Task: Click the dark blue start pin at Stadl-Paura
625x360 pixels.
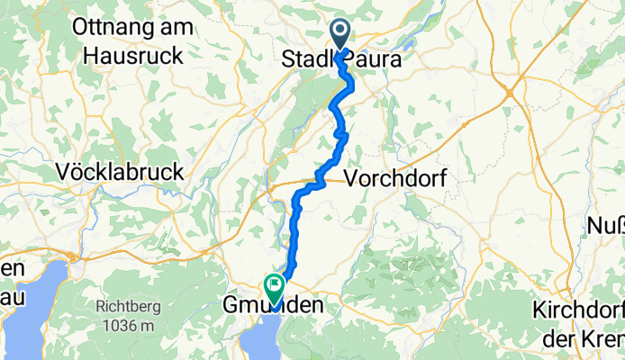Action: [341, 34]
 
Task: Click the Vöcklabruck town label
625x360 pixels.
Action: [119, 171]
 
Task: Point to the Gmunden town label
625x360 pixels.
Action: [272, 308]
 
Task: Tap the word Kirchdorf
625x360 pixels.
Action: [575, 310]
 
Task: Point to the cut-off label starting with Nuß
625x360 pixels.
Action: [606, 225]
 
